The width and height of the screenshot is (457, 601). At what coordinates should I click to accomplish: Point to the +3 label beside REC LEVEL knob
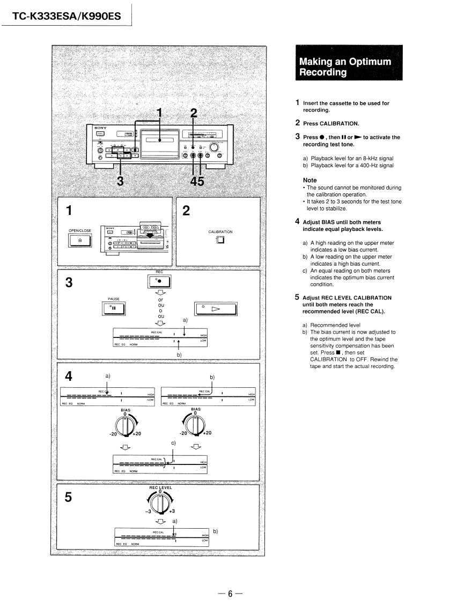[x=173, y=510]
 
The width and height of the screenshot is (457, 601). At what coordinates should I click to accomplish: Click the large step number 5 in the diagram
[x=68, y=498]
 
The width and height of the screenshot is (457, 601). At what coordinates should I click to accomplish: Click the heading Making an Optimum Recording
[x=345, y=66]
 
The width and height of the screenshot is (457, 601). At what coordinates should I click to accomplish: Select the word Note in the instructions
[x=309, y=181]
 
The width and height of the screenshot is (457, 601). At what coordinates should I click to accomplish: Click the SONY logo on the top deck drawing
[x=100, y=129]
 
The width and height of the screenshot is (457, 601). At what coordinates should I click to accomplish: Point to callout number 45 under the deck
[x=197, y=181]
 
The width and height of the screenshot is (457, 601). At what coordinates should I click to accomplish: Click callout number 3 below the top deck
[x=120, y=181]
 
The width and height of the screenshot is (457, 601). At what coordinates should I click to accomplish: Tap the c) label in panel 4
[x=173, y=443]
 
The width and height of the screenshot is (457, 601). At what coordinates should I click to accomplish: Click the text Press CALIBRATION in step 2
[x=330, y=123]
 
